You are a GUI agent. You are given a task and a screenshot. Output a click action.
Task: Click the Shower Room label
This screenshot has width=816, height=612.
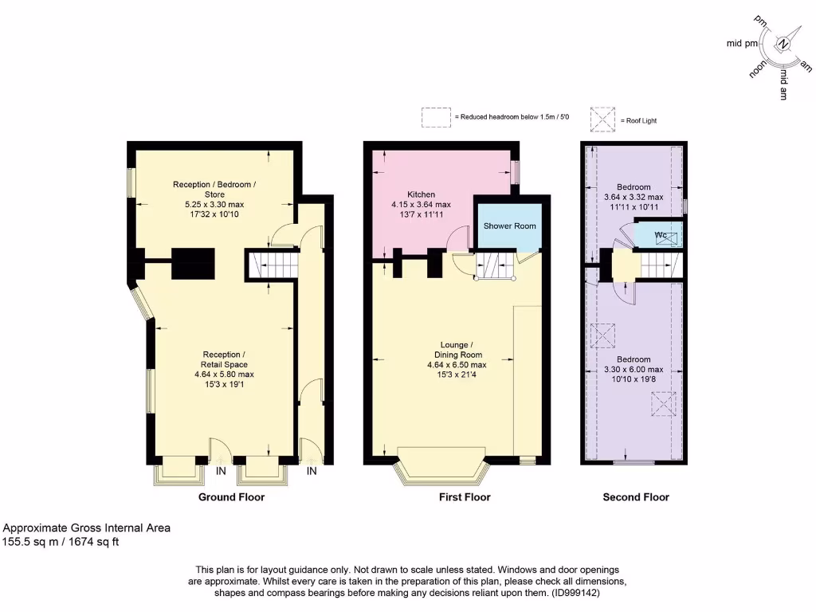pos(510,226)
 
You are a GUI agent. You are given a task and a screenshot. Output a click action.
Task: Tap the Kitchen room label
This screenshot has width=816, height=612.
pos(421,194)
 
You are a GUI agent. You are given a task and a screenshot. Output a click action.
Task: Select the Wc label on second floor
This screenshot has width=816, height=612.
pos(661,235)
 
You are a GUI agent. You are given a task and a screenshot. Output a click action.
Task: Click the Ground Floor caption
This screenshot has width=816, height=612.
pos(231,497)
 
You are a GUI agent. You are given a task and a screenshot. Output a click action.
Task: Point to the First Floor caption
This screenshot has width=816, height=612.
pos(465,497)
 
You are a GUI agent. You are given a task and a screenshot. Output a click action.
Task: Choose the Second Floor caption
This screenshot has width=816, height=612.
pos(635,497)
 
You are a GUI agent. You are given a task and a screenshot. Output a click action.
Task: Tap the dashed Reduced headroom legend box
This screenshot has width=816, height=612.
pos(436,118)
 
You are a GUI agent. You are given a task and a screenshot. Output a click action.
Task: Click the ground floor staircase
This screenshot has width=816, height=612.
pos(273,264)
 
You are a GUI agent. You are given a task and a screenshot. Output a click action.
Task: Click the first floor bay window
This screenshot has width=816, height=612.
pos(441,470)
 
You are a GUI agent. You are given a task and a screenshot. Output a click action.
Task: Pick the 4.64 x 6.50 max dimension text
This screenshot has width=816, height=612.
pos(457,365)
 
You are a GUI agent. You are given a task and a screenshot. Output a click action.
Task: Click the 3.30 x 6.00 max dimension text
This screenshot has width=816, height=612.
pos(634,370)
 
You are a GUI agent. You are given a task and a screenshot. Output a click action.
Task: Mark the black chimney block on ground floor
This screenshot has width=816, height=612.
pos(194,262)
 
